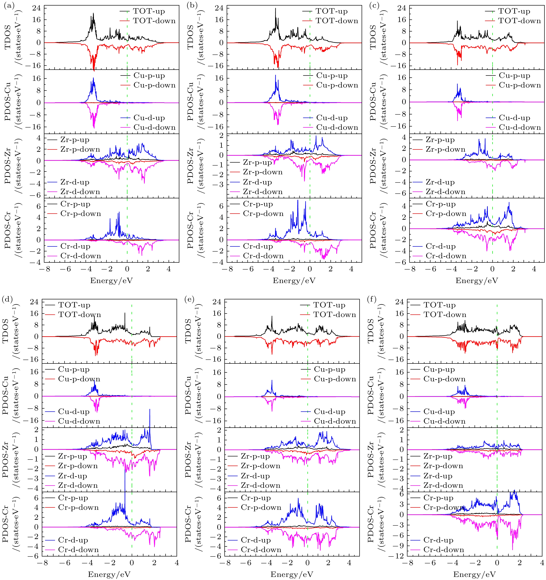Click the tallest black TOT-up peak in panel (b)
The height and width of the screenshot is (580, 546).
(275, 9)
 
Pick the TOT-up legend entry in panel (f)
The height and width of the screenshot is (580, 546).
(439, 305)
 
